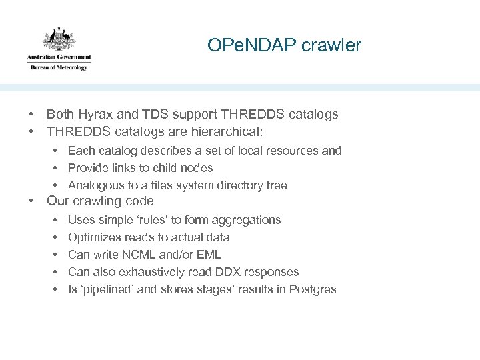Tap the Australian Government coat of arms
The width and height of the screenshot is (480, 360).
point(58,39)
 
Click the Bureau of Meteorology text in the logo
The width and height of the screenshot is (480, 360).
point(59,67)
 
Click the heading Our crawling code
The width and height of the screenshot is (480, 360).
point(100,201)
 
